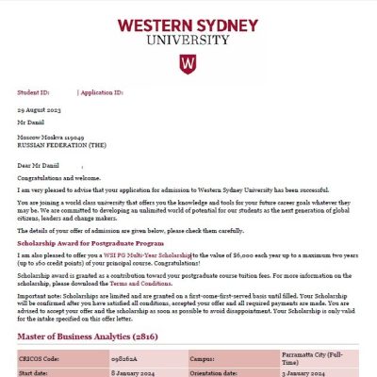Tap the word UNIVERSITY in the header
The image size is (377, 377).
188,40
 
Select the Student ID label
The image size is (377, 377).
34,94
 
